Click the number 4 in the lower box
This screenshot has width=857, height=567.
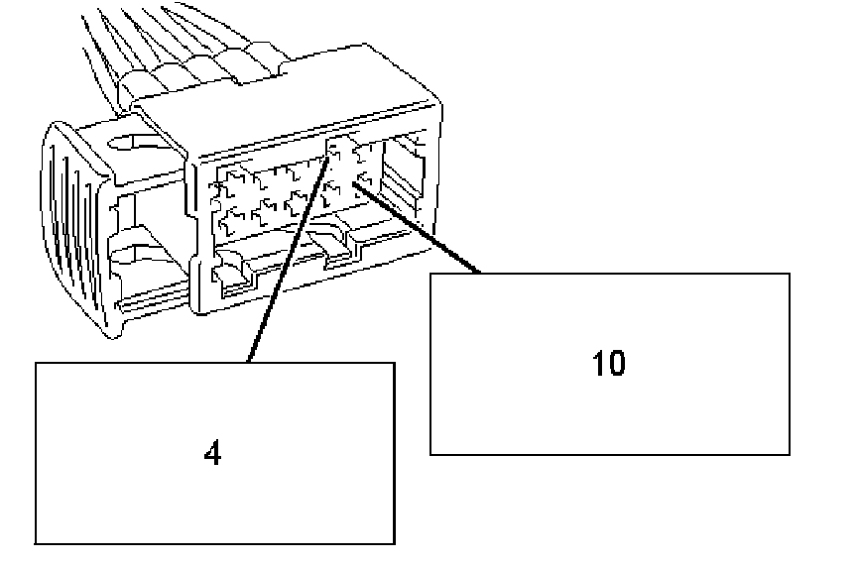(211, 453)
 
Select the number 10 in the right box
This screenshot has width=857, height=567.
(609, 364)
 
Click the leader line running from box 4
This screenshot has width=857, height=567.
(288, 258)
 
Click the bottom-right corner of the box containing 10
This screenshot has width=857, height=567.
(790, 454)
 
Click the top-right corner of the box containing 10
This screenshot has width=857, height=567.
(790, 274)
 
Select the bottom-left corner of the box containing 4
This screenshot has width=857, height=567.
(37, 543)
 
